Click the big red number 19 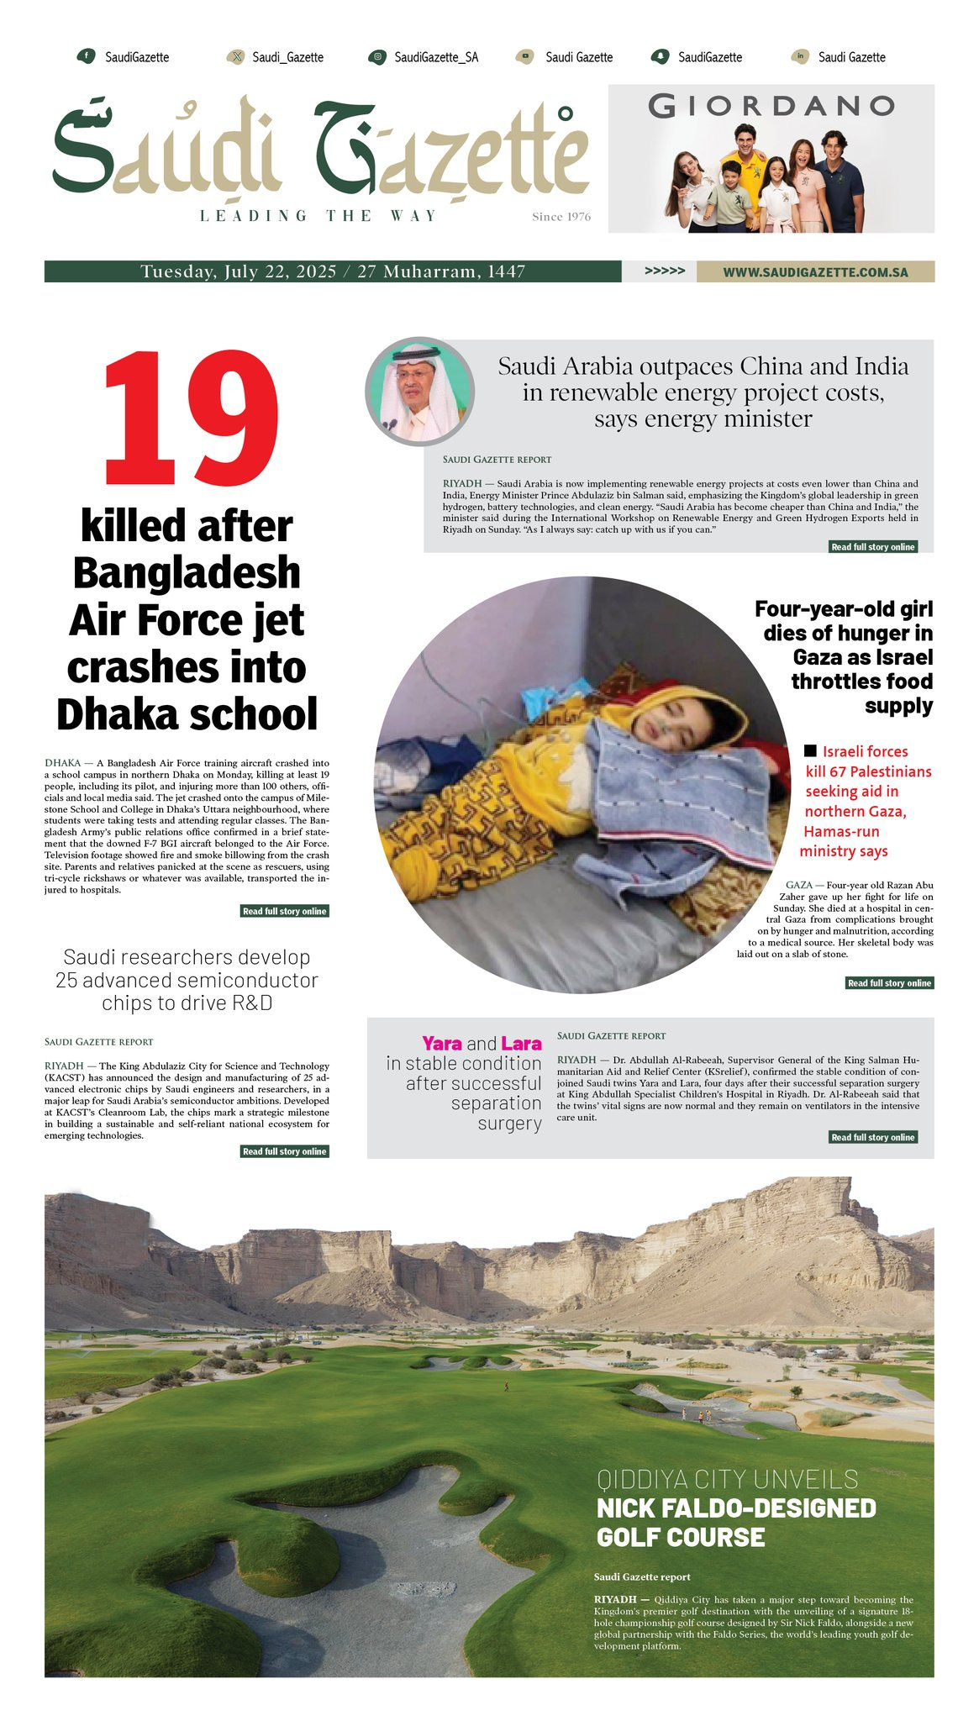pyautogui.click(x=190, y=418)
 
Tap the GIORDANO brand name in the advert pyautogui.click(x=771, y=106)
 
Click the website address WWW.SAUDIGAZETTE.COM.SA pyautogui.click(x=815, y=272)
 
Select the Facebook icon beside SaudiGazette pyautogui.click(x=85, y=56)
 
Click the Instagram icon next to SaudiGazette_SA pyautogui.click(x=377, y=57)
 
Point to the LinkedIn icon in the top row pyautogui.click(x=800, y=57)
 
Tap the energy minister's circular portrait pyautogui.click(x=419, y=391)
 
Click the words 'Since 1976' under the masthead pyautogui.click(x=561, y=217)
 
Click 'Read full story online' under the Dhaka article pyautogui.click(x=284, y=911)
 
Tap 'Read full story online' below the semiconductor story pyautogui.click(x=284, y=1151)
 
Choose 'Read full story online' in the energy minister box pyautogui.click(x=872, y=547)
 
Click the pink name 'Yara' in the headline pyautogui.click(x=442, y=1044)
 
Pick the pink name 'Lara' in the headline pyautogui.click(x=521, y=1044)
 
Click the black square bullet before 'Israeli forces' pyautogui.click(x=810, y=750)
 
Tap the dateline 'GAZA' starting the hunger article pyautogui.click(x=798, y=885)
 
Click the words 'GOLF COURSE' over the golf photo pyautogui.click(x=681, y=1537)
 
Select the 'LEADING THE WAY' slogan pyautogui.click(x=318, y=216)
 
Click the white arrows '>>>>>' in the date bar pyautogui.click(x=664, y=271)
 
